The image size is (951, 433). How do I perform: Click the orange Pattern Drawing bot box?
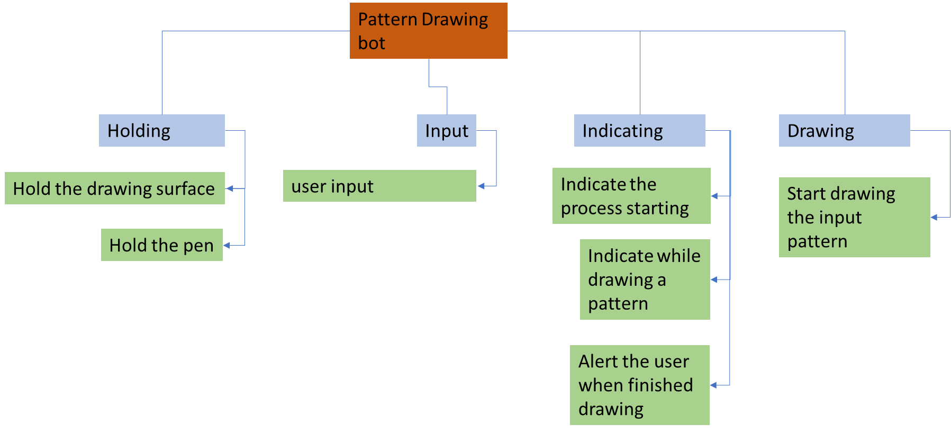tap(428, 31)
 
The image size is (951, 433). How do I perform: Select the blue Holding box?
tap(161, 130)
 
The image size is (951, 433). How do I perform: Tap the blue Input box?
tap(446, 130)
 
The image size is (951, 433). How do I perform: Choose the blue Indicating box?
tap(639, 130)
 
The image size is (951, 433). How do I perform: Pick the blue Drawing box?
tap(844, 130)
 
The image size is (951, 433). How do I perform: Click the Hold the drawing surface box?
tap(114, 188)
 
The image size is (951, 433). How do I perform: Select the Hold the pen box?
tap(161, 245)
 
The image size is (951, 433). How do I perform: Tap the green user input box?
tap(379, 186)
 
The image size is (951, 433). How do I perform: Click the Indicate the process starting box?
tap(631, 196)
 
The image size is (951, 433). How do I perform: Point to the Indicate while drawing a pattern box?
tap(645, 279)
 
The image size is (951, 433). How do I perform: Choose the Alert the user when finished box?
tap(639, 385)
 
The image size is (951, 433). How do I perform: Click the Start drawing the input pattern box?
tap(854, 217)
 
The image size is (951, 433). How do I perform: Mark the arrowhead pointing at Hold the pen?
tap(227, 245)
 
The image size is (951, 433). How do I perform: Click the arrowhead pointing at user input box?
tap(481, 186)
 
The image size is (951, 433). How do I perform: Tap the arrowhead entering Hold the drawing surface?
tap(229, 188)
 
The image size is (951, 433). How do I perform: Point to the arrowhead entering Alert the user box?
tap(713, 385)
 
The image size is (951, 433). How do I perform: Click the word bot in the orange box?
tap(372, 43)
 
